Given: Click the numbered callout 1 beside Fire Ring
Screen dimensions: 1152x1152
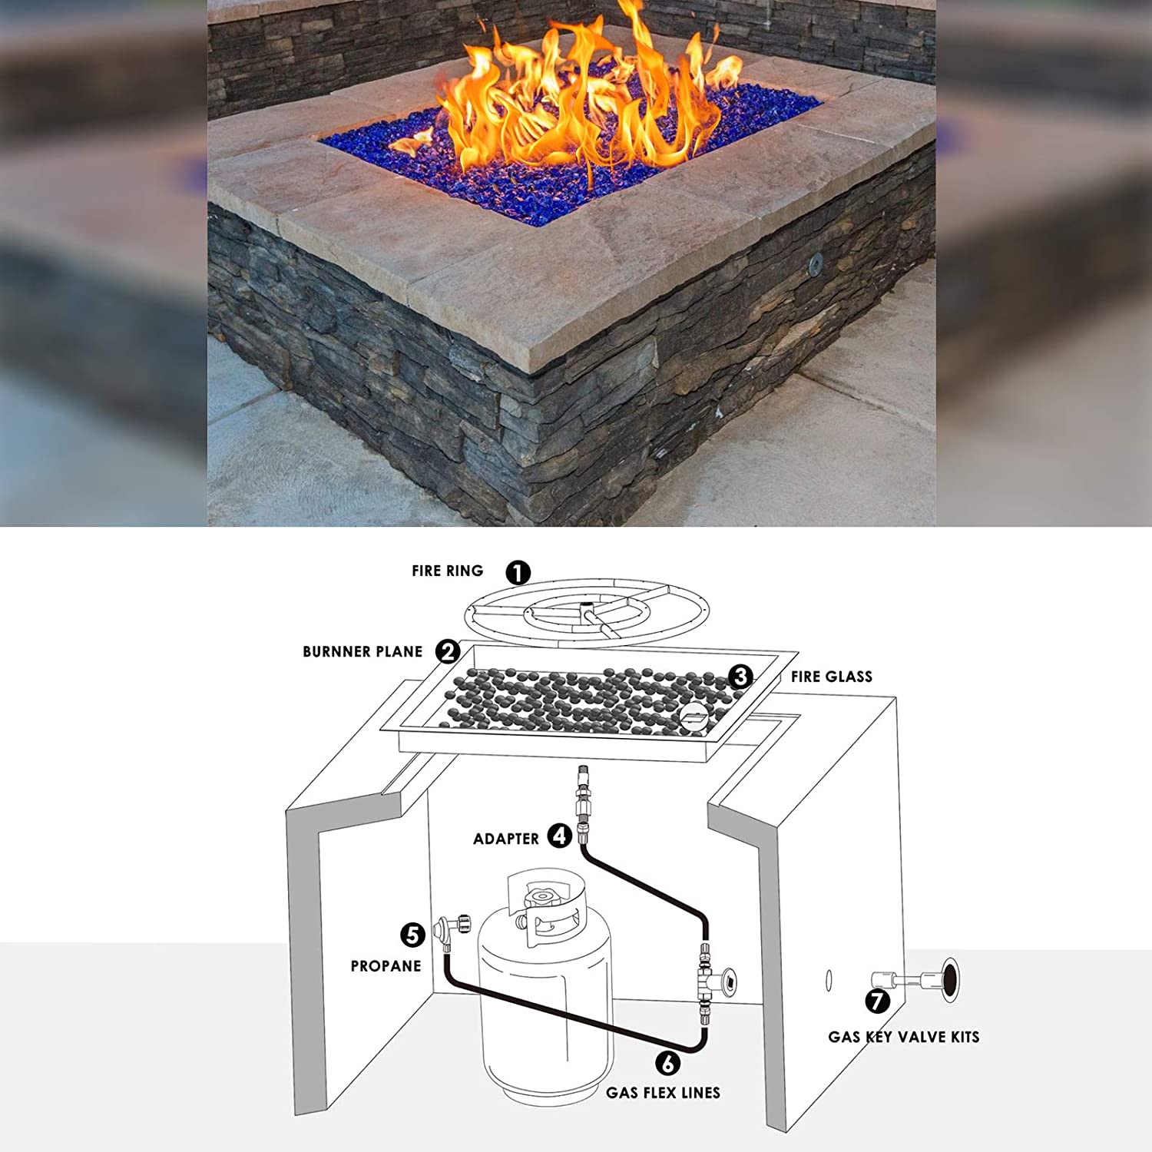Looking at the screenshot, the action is [x=518, y=572].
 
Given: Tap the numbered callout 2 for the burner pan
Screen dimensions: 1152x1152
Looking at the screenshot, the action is [x=448, y=651].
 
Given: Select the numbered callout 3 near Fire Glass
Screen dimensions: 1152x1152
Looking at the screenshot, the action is [x=740, y=676].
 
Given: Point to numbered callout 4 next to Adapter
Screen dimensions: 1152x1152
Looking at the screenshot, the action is [x=560, y=836].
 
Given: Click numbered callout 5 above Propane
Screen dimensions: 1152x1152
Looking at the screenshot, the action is [x=412, y=935].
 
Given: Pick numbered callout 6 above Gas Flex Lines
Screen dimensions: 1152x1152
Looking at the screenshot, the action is [x=668, y=1063].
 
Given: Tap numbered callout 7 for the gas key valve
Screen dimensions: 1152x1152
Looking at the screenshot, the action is [x=878, y=1001].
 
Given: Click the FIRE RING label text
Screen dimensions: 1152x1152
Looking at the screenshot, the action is [x=448, y=571].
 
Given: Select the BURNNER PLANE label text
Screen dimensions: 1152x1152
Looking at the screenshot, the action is [x=362, y=652].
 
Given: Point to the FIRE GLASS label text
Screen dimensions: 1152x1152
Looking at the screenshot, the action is [x=832, y=677].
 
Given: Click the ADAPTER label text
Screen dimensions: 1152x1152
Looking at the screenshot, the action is [x=506, y=839].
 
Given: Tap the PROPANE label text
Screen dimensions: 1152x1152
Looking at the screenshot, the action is [x=386, y=966].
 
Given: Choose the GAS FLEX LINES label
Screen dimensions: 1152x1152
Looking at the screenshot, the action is [x=664, y=1093].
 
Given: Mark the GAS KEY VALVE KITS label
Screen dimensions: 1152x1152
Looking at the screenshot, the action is [x=904, y=1037].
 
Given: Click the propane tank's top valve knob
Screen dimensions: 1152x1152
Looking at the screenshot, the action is [x=543, y=896].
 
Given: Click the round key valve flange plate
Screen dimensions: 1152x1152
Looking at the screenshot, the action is [x=952, y=980].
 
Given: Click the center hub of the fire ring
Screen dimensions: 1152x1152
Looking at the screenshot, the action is [x=589, y=615].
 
